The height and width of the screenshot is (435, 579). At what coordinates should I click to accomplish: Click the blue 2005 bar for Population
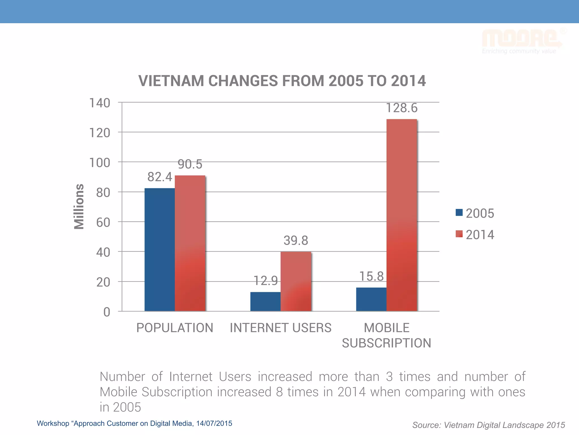pos(159,249)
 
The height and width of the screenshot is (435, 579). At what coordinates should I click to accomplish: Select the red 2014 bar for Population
pos(190,244)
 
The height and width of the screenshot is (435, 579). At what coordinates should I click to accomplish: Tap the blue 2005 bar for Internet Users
pos(265,301)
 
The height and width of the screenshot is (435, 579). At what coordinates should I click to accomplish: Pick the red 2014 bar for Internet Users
pos(296,282)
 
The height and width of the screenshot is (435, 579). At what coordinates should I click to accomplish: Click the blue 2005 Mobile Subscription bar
pos(371,299)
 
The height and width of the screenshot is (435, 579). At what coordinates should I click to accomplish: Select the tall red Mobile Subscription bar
pos(401,215)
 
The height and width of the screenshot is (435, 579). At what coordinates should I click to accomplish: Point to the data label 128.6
pos(401,108)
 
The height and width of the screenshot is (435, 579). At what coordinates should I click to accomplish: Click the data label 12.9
pos(265,281)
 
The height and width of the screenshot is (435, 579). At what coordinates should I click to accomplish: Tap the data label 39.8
pos(296,240)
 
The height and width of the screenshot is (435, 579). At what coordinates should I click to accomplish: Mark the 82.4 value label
pos(159,177)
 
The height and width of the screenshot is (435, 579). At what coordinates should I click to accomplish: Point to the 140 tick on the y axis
pos(100,103)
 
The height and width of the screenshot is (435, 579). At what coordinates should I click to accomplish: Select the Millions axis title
pos(79,206)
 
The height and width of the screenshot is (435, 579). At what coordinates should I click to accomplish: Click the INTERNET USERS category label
pos(280,328)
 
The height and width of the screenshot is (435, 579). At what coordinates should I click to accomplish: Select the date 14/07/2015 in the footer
pos(214,423)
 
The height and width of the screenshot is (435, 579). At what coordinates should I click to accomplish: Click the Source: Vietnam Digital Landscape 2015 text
pos(488,425)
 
